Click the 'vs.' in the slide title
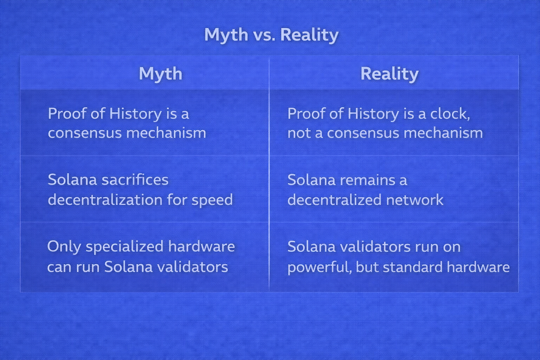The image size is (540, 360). [x=264, y=35]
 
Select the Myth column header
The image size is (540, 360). [x=161, y=74]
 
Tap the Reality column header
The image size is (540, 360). [x=390, y=74]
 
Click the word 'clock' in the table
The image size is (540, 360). [x=450, y=114]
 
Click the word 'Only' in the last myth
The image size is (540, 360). [x=65, y=247]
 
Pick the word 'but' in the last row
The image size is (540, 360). [x=367, y=267]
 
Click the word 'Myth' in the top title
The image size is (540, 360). [x=226, y=36]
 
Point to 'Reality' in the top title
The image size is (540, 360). [x=309, y=36]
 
